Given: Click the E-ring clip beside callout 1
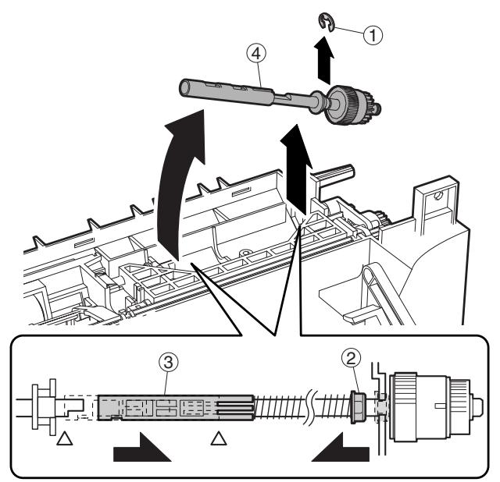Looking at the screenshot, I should (333, 23).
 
